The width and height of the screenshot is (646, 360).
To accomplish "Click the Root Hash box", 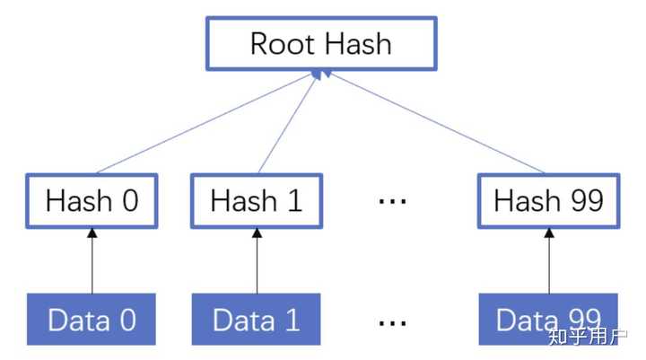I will click(x=320, y=43).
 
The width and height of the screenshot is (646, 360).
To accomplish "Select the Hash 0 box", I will click(x=92, y=200).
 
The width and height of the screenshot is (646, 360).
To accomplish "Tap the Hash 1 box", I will click(x=256, y=200).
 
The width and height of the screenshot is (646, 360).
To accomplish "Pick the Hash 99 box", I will click(x=548, y=200).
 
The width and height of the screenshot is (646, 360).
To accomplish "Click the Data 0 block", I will click(x=92, y=320).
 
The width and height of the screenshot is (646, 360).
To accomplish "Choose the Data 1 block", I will click(x=256, y=320).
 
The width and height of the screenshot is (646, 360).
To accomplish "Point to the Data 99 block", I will click(x=548, y=320).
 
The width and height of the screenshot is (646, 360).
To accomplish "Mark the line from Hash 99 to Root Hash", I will click(x=431, y=124).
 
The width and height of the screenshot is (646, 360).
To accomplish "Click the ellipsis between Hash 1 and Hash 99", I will click(x=392, y=201).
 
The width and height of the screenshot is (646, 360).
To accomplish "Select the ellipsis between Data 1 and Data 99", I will click(x=392, y=320).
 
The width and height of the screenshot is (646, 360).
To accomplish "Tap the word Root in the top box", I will click(x=278, y=43).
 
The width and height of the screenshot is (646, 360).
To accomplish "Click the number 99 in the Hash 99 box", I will click(x=581, y=200).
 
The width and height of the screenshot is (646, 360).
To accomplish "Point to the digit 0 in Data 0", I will click(x=127, y=320).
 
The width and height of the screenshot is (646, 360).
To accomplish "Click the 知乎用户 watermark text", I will click(x=587, y=338).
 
